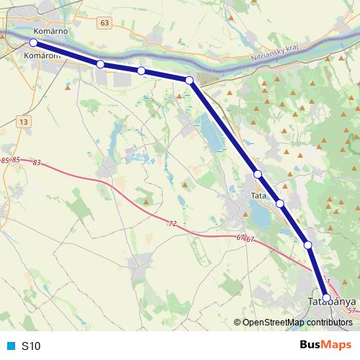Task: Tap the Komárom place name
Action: click(40, 55)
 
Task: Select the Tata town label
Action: click(258, 196)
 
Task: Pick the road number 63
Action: click(106, 23)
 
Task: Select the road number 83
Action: click(37, 163)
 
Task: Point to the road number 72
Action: click(172, 224)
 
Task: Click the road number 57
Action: click(351, 310)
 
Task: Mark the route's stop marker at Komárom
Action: click(33, 43)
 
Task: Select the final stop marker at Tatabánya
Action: click(326, 297)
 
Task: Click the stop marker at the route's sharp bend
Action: click(189, 81)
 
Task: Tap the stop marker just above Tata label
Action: click(257, 174)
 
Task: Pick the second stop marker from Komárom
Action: click(101, 65)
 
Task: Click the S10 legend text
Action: click(31, 346)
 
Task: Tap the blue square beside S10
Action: click(11, 346)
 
